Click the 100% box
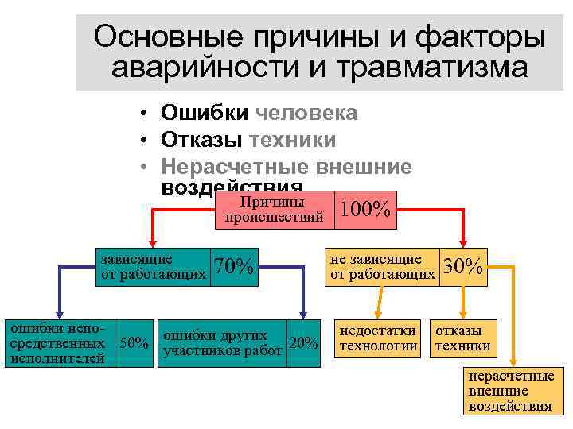[x=364, y=210]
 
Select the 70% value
[x=234, y=267]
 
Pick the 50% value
[x=134, y=344]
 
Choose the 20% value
[x=303, y=344]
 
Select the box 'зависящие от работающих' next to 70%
[x=151, y=267]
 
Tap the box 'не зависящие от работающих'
[x=381, y=267]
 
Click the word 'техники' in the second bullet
[x=293, y=141]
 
